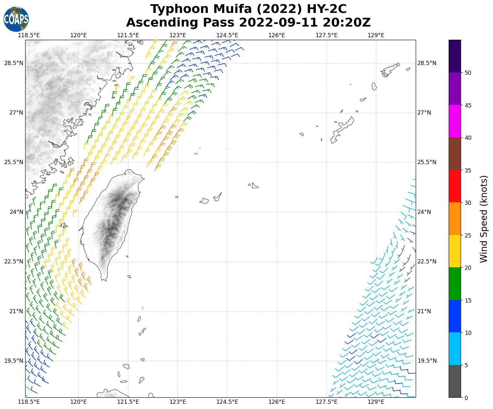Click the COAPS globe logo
coord(16,19)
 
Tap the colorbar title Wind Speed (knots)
coord(484,219)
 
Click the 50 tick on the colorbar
coord(467,73)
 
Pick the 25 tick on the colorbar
coord(467,235)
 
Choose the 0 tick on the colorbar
coord(466,398)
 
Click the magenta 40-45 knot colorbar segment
coord(455,121)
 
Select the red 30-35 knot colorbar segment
coord(455,186)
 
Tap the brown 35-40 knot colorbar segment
coord(455,154)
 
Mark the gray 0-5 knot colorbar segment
coord(455,381)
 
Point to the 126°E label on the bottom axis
coord(277,402)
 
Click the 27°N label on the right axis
coord(424,113)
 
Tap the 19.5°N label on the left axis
coord(14,361)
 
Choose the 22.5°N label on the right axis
coord(427,261)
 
